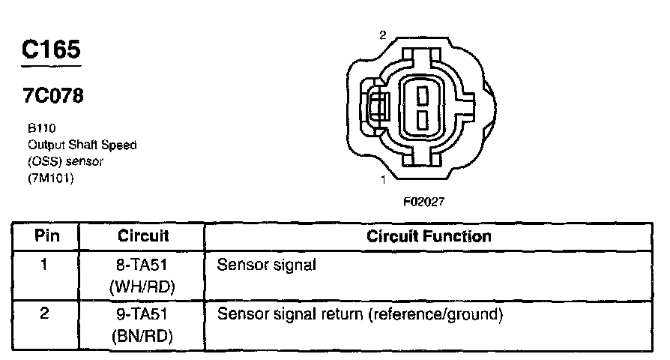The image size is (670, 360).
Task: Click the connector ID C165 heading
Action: tap(51, 49)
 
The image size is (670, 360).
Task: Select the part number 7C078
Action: tap(52, 96)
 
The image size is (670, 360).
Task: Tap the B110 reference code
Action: tap(37, 128)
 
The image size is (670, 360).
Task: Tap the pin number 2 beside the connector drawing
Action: tap(383, 35)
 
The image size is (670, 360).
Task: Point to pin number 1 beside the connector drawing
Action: tap(383, 179)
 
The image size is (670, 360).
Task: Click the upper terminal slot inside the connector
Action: tap(422, 94)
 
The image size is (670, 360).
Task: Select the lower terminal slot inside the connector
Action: tap(422, 119)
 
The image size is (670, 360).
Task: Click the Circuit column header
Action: tap(143, 236)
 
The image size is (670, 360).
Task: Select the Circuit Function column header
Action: tap(429, 236)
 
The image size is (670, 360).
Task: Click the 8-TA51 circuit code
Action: tap(143, 265)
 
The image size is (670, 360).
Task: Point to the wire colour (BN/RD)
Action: tap(143, 337)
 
